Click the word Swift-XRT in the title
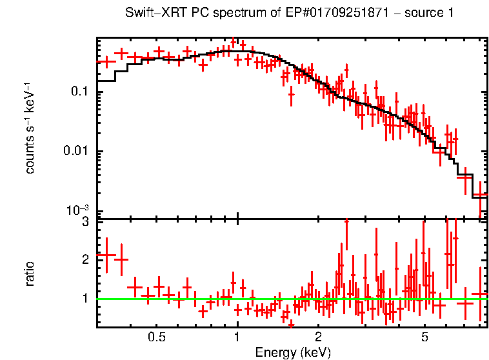(x=150, y=14)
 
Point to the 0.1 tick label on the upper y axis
(x=79, y=92)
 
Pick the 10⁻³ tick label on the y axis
(x=77, y=210)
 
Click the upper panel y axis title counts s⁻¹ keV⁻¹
(x=30, y=128)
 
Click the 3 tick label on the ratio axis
(x=85, y=223)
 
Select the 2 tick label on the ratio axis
(x=85, y=260)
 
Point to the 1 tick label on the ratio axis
(x=85, y=299)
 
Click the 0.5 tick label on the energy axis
(x=155, y=337)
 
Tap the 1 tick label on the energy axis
(x=237, y=337)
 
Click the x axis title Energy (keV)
(x=293, y=352)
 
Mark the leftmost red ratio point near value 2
(x=106, y=255)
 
